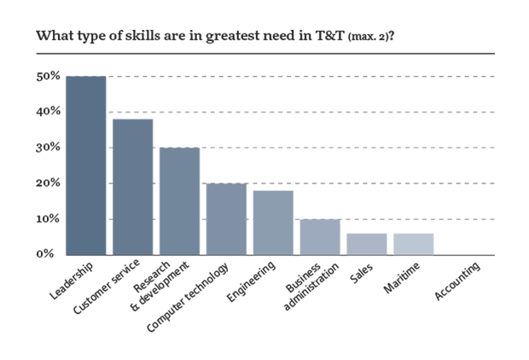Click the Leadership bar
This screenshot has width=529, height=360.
click(x=86, y=165)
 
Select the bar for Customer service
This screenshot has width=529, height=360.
click(x=133, y=187)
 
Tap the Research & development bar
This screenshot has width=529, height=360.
click(x=179, y=201)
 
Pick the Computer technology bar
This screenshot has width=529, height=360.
click(x=226, y=219)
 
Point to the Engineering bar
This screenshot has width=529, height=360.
click(x=273, y=223)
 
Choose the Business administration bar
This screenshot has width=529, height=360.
click(x=319, y=237)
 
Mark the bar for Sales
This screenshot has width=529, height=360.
click(x=366, y=244)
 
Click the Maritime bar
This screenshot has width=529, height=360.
click(x=413, y=244)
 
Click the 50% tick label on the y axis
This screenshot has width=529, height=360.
click(x=48, y=76)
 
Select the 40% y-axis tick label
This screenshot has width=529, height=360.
click(x=48, y=112)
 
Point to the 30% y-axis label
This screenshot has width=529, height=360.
click(x=48, y=148)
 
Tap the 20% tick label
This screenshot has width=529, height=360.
click(x=48, y=183)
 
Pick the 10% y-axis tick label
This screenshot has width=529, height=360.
click(x=48, y=219)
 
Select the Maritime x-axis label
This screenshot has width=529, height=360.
click(x=400, y=279)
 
